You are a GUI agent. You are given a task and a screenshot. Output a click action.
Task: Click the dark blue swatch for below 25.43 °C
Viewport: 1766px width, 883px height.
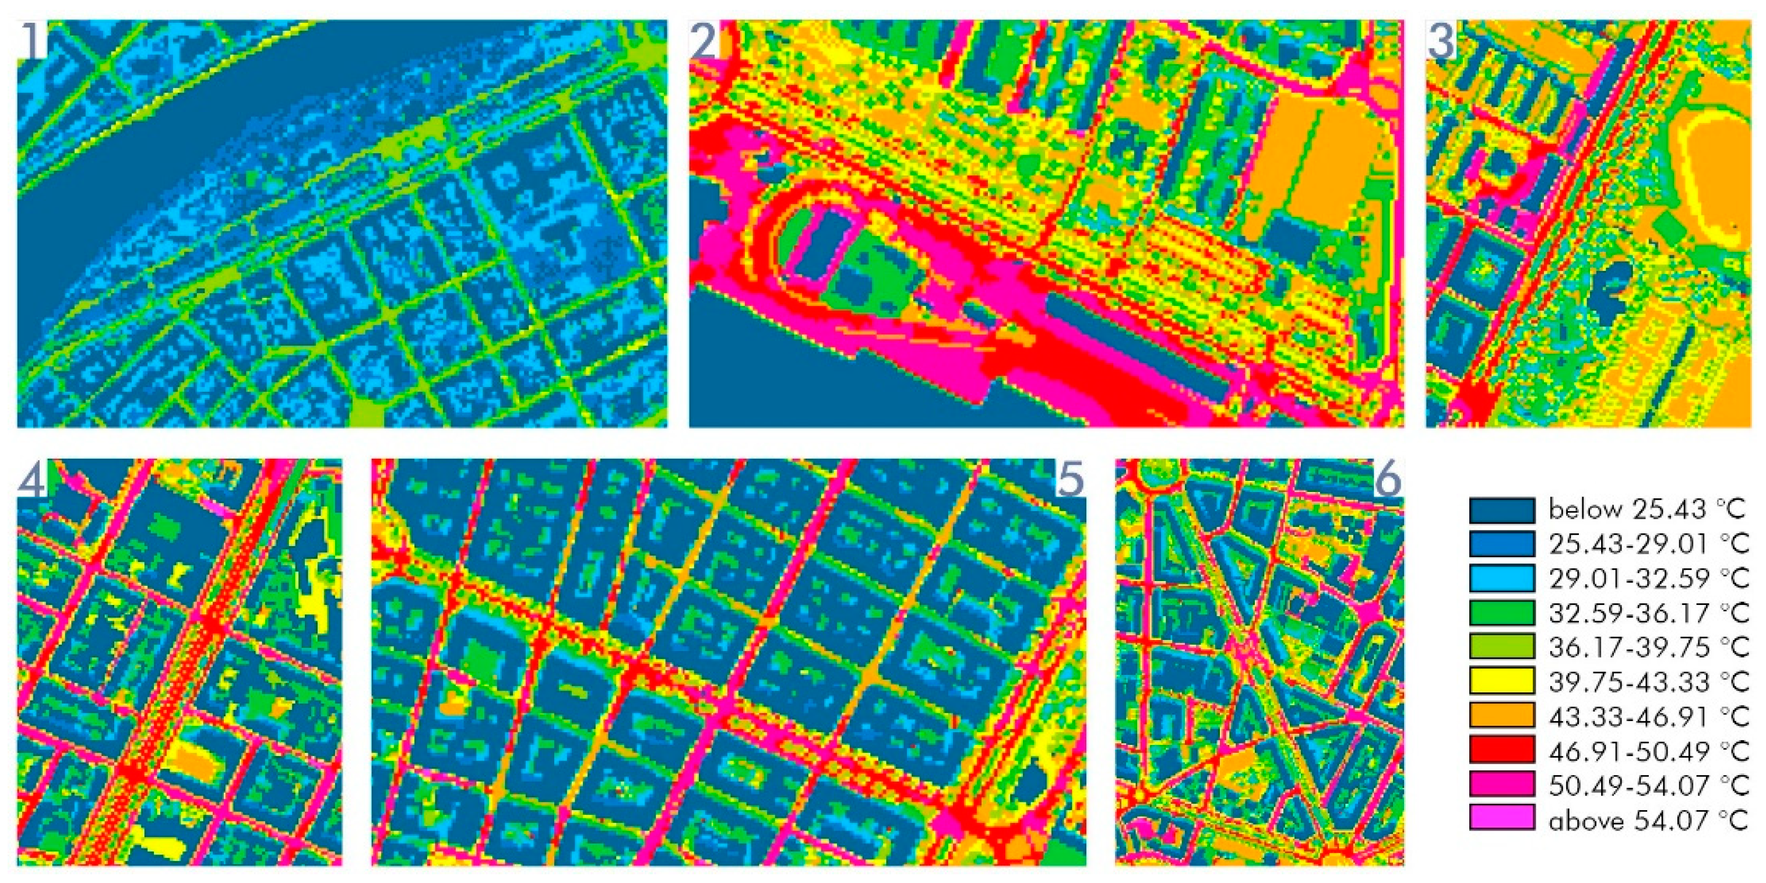coord(1501,509)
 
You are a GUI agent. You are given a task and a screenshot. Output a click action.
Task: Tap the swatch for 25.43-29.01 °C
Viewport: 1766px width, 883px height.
coord(1501,544)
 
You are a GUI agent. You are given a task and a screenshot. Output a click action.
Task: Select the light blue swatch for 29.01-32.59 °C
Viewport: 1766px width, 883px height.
coord(1501,578)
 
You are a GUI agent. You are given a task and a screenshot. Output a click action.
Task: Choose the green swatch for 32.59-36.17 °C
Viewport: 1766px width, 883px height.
coord(1501,612)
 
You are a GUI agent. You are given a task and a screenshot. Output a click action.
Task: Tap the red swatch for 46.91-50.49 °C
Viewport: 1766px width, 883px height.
coord(1501,750)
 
